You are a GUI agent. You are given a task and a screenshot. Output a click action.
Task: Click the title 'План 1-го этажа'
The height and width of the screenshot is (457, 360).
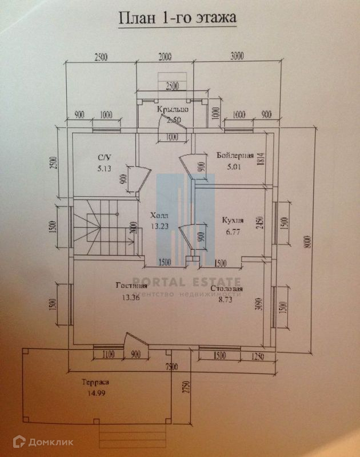click(177, 18)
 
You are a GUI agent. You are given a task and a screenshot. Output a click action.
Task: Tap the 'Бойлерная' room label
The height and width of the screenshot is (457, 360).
click(234, 155)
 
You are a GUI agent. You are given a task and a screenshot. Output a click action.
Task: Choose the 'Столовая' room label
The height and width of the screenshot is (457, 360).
click(226, 289)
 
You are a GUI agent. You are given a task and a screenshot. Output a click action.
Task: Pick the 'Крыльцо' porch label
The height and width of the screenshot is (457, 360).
click(173, 109)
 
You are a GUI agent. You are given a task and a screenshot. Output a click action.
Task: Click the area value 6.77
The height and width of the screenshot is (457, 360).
click(233, 232)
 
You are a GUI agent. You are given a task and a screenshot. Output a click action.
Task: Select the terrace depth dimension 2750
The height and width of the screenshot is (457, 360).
click(185, 394)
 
